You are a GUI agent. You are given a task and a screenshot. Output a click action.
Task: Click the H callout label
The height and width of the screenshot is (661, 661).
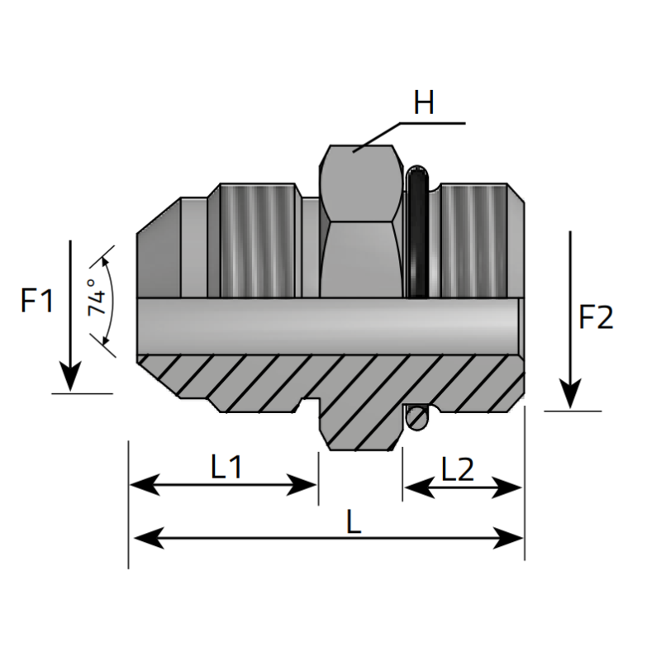424,104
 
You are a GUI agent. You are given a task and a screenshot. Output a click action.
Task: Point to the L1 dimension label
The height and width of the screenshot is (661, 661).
225,468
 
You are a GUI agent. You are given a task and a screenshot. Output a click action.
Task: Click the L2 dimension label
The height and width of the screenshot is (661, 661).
458,469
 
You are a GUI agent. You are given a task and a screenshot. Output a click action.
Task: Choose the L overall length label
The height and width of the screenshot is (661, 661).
354,521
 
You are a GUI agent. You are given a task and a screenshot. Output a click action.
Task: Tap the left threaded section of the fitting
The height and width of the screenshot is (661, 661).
253,240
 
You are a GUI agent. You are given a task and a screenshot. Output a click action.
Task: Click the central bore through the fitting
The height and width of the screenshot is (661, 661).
330,326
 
